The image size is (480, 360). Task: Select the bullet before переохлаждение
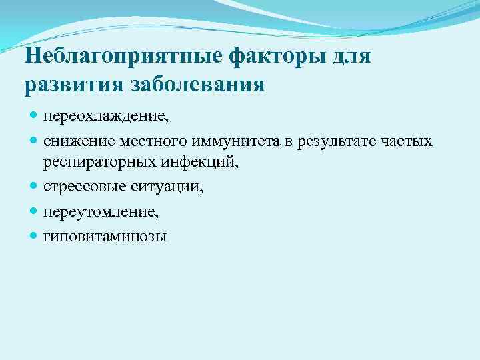tap(34, 117)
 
